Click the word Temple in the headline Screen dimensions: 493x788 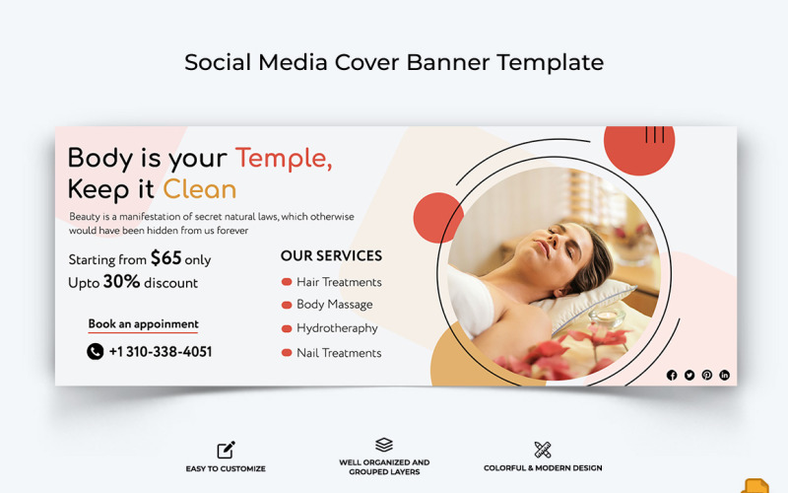point(283,158)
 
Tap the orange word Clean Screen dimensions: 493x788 point(200,189)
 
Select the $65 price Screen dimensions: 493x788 point(165,258)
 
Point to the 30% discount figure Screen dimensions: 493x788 point(121,282)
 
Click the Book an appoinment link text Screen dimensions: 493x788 point(143,324)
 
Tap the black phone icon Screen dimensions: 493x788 point(95,352)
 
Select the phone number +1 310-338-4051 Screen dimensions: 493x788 point(161,352)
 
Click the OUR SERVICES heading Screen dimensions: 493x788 point(331,255)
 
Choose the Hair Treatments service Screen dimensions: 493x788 point(339,282)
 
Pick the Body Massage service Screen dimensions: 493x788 point(334,306)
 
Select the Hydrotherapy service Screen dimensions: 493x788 point(337,329)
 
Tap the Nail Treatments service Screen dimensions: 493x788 point(339,353)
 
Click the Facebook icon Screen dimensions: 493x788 point(672,375)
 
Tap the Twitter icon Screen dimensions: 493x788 point(689,375)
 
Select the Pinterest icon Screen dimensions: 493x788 point(707,375)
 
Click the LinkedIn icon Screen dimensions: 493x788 point(725,375)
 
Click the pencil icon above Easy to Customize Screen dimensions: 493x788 point(226,450)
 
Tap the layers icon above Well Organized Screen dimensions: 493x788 point(384,446)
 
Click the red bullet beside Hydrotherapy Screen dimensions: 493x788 point(287,329)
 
